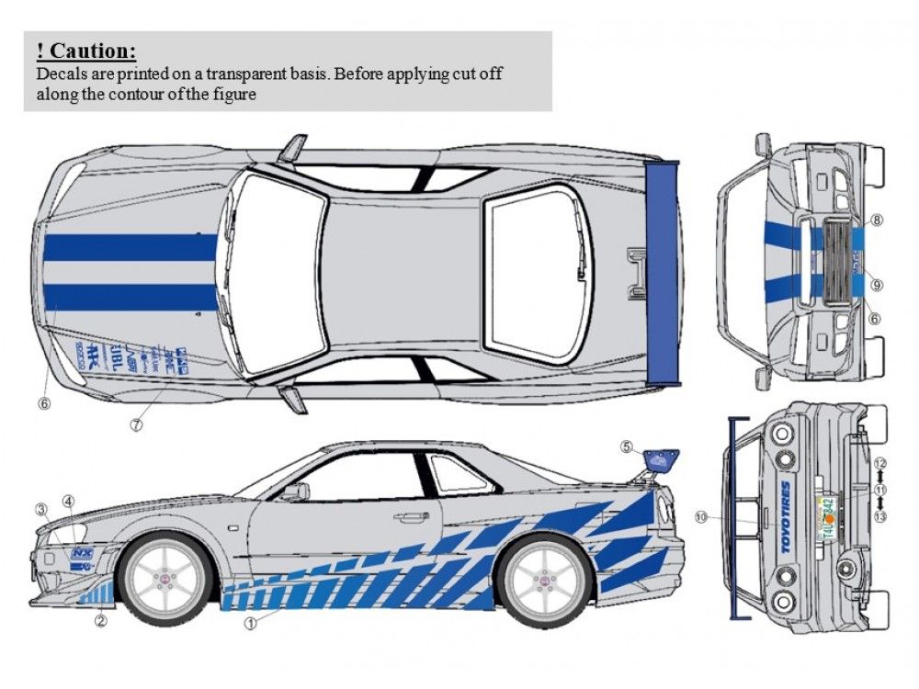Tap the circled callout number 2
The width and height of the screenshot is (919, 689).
(x=101, y=621)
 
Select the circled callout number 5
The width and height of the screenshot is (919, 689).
(x=627, y=447)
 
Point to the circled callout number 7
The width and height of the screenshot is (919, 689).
(x=136, y=425)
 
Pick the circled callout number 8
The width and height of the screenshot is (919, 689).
(x=877, y=220)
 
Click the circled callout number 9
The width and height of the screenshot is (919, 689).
(x=877, y=285)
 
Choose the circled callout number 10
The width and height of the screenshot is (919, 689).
(x=702, y=517)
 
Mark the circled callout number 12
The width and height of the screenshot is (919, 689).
(x=879, y=463)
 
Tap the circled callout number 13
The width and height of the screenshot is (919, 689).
(x=879, y=517)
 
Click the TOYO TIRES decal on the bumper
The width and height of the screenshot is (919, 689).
(x=787, y=518)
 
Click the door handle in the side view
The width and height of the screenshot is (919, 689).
(x=411, y=517)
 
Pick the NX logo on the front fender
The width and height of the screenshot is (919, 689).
(x=83, y=554)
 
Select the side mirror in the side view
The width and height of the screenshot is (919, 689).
(x=296, y=491)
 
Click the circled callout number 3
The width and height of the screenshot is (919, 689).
(x=40, y=509)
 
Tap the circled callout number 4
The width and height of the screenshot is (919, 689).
(x=68, y=501)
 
